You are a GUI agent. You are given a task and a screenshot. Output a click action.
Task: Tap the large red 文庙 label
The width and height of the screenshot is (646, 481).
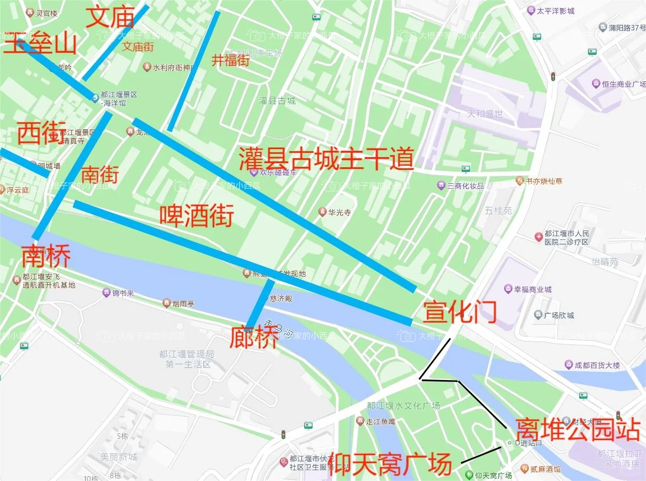point(110,18)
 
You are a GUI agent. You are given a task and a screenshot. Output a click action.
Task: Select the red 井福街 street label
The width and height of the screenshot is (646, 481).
point(230,60)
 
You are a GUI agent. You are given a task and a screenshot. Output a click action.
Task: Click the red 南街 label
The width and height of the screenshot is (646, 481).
point(99,174)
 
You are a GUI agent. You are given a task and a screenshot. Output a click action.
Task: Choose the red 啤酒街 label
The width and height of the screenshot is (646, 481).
point(197,216)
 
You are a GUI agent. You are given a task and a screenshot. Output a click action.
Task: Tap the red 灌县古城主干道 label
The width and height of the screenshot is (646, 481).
point(326,158)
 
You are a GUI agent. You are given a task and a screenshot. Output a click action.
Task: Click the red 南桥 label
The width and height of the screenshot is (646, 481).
point(46,257)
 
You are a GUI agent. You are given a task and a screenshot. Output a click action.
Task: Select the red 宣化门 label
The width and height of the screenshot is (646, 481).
point(460,312)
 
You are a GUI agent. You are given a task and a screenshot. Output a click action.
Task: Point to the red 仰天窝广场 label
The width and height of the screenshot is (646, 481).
point(390,464)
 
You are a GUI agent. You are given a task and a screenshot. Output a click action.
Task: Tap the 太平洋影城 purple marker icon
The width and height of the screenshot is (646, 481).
point(530,10)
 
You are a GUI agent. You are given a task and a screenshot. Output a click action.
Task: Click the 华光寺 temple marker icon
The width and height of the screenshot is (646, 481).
point(322,212)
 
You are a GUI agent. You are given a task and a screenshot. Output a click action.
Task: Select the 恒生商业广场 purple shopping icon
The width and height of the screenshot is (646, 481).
point(596,83)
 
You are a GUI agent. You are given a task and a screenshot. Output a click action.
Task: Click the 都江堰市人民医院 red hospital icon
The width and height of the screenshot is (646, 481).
point(539,237)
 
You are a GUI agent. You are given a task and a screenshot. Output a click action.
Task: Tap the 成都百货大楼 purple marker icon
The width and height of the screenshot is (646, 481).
point(568,365)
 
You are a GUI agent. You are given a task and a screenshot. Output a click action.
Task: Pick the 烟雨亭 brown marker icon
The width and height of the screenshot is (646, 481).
point(167,304)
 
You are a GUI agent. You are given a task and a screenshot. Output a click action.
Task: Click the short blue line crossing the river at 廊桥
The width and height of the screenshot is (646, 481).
point(260,305)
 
